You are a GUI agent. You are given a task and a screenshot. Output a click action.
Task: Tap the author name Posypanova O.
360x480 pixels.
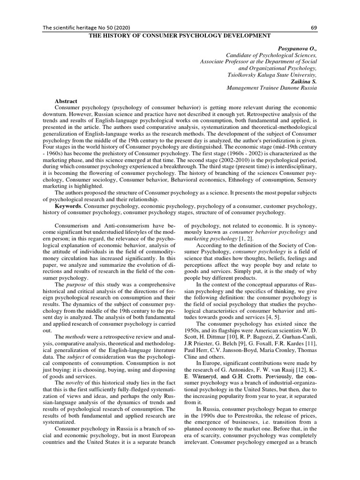[x=296, y=48]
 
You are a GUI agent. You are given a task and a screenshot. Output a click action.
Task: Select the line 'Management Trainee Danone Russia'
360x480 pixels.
[x=271, y=88]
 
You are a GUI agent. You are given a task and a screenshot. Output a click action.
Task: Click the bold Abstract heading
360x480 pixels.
[x=66, y=101]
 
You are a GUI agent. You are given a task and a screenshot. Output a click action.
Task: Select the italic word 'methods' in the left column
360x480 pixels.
[x=75, y=337]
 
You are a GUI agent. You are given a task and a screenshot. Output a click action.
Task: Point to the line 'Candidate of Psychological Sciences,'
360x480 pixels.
[x=272, y=55]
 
